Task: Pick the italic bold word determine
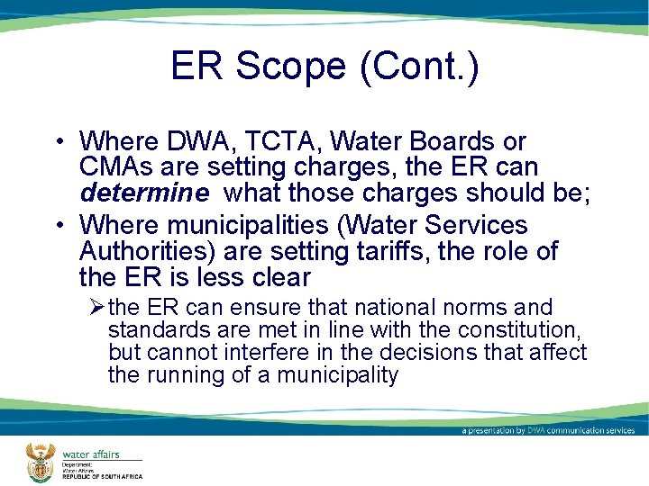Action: click(x=147, y=192)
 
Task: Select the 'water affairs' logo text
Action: click(x=90, y=454)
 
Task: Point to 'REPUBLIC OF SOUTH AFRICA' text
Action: click(x=102, y=476)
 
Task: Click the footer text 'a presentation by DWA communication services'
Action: click(x=548, y=430)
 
